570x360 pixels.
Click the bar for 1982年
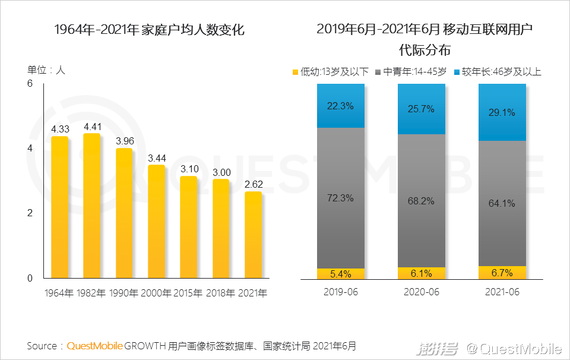[x=92, y=206]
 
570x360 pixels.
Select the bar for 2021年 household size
[x=253, y=235]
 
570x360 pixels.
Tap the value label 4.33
[x=60, y=129]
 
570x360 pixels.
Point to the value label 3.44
[x=157, y=158]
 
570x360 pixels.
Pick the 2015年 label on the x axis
[x=188, y=293]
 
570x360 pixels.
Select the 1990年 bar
[x=124, y=213]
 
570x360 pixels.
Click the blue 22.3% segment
[x=341, y=106]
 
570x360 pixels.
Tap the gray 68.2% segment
[x=422, y=200]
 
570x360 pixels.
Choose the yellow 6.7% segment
[x=502, y=273]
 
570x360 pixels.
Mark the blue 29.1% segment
[x=502, y=112]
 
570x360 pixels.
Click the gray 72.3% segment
[x=341, y=198]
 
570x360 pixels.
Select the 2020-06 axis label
[x=422, y=292]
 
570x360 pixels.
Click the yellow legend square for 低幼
[x=295, y=72]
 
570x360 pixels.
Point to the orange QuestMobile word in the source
[x=95, y=346]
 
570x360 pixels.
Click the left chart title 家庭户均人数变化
[x=149, y=30]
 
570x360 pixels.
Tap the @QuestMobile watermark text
[x=514, y=348]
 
